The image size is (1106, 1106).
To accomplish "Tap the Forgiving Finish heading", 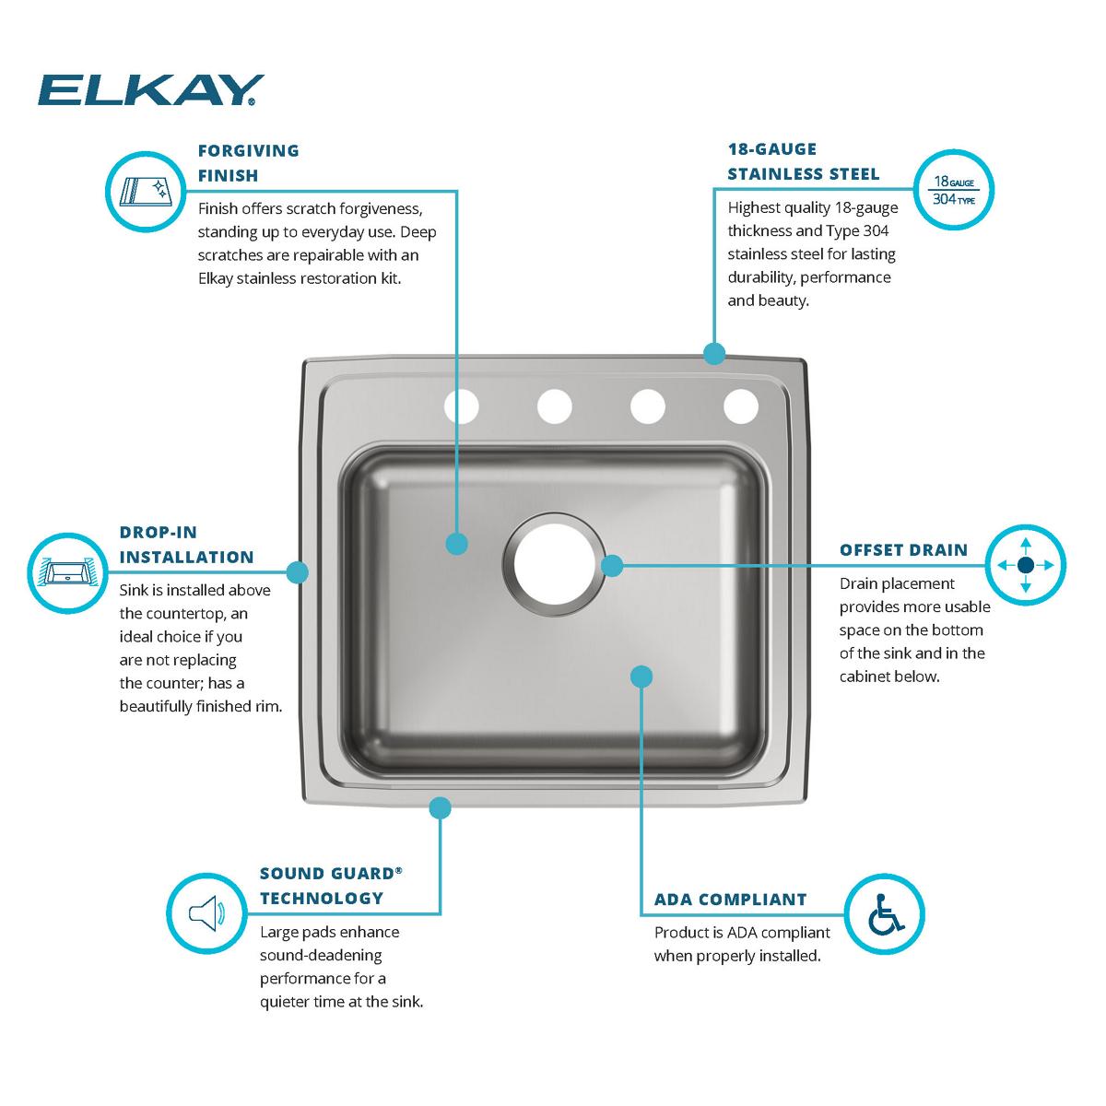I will [249, 162].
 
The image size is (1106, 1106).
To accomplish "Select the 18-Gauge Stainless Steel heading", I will [803, 161].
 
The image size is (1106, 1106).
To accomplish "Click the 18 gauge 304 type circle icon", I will [953, 189].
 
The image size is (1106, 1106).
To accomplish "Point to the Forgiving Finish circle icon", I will [144, 191].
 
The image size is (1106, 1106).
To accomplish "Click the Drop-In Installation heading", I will [186, 545].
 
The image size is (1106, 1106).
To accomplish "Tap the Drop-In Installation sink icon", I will [67, 572].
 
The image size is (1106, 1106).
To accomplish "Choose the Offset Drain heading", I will [903, 550].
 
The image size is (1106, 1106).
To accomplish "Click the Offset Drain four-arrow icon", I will [1025, 565].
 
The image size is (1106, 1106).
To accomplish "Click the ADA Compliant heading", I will [730, 900].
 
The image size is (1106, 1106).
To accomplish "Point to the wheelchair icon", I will [885, 913].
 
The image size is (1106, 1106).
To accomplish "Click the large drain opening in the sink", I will [551, 565].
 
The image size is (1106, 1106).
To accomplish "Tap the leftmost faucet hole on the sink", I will [462, 406].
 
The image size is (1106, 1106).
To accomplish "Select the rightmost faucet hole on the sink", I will [740, 406].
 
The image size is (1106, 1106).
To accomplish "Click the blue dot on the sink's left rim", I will [297, 572].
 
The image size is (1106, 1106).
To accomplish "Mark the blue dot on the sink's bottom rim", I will [441, 807].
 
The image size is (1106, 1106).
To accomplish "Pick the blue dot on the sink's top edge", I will [713, 353].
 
